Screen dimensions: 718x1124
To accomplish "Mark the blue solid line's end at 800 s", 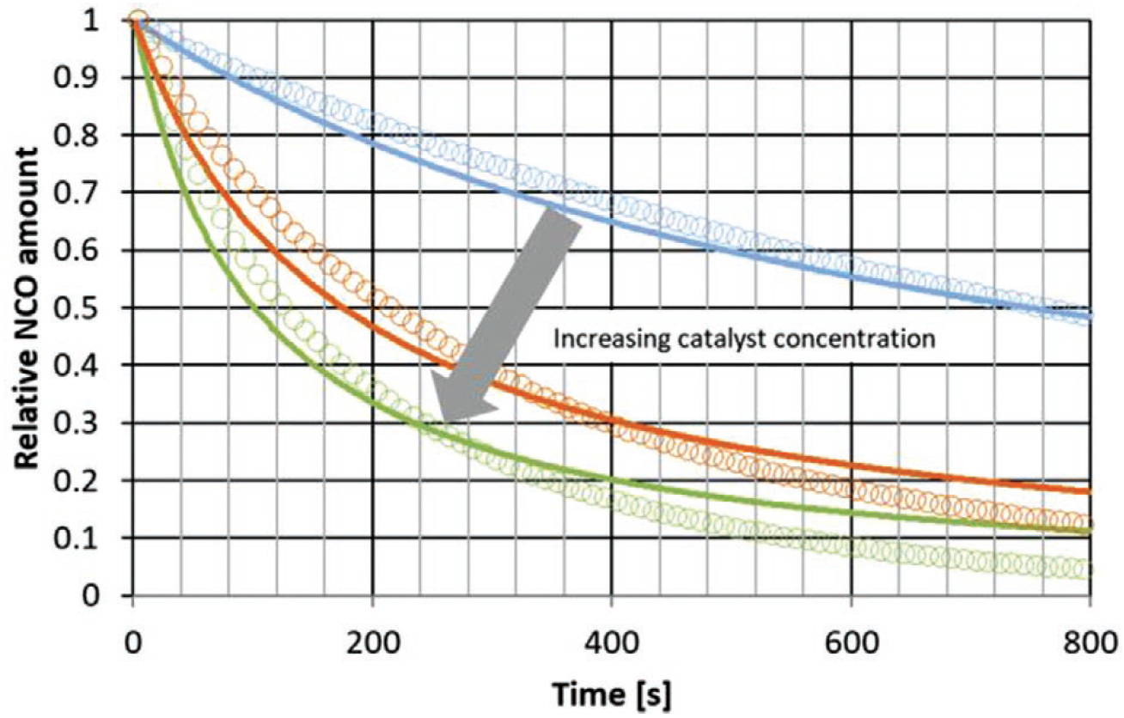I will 1089,317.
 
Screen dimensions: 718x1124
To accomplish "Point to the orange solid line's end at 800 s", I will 1089,491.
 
